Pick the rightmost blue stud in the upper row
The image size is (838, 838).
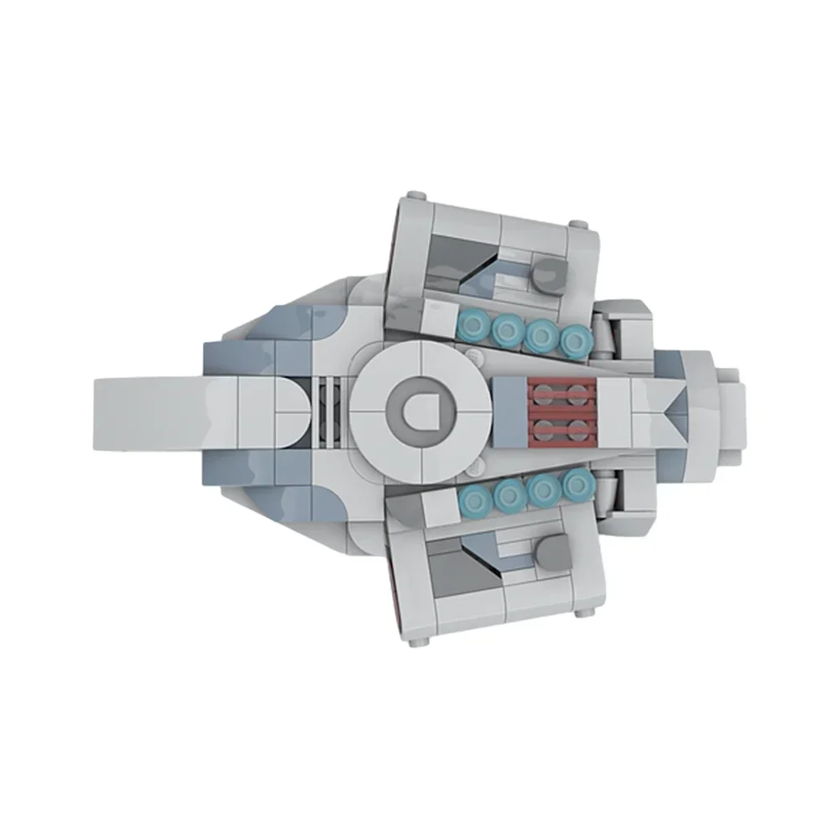pyautogui.click(x=574, y=339)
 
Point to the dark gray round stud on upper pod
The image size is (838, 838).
pyautogui.click(x=549, y=274)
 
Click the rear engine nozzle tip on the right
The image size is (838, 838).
pyautogui.click(x=733, y=409)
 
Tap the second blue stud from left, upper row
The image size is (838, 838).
pyautogui.click(x=507, y=332)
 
